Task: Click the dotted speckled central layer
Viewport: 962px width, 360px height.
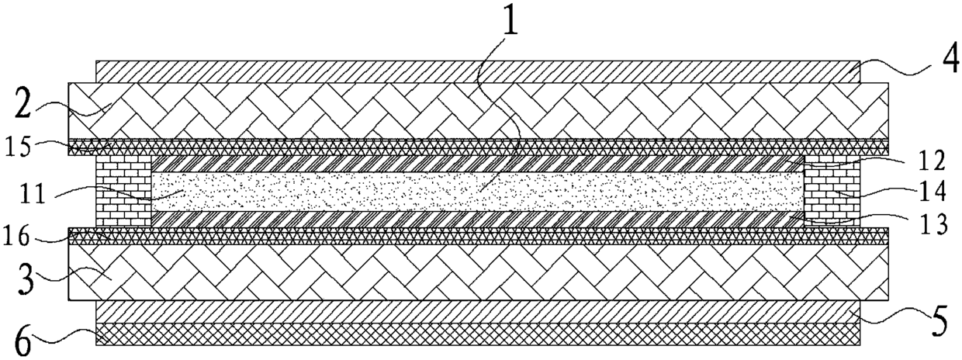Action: click(477, 191)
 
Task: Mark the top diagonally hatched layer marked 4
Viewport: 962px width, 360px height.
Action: click(477, 71)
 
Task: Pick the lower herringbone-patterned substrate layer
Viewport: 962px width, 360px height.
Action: click(477, 272)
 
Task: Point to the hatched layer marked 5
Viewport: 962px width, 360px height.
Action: click(477, 311)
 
